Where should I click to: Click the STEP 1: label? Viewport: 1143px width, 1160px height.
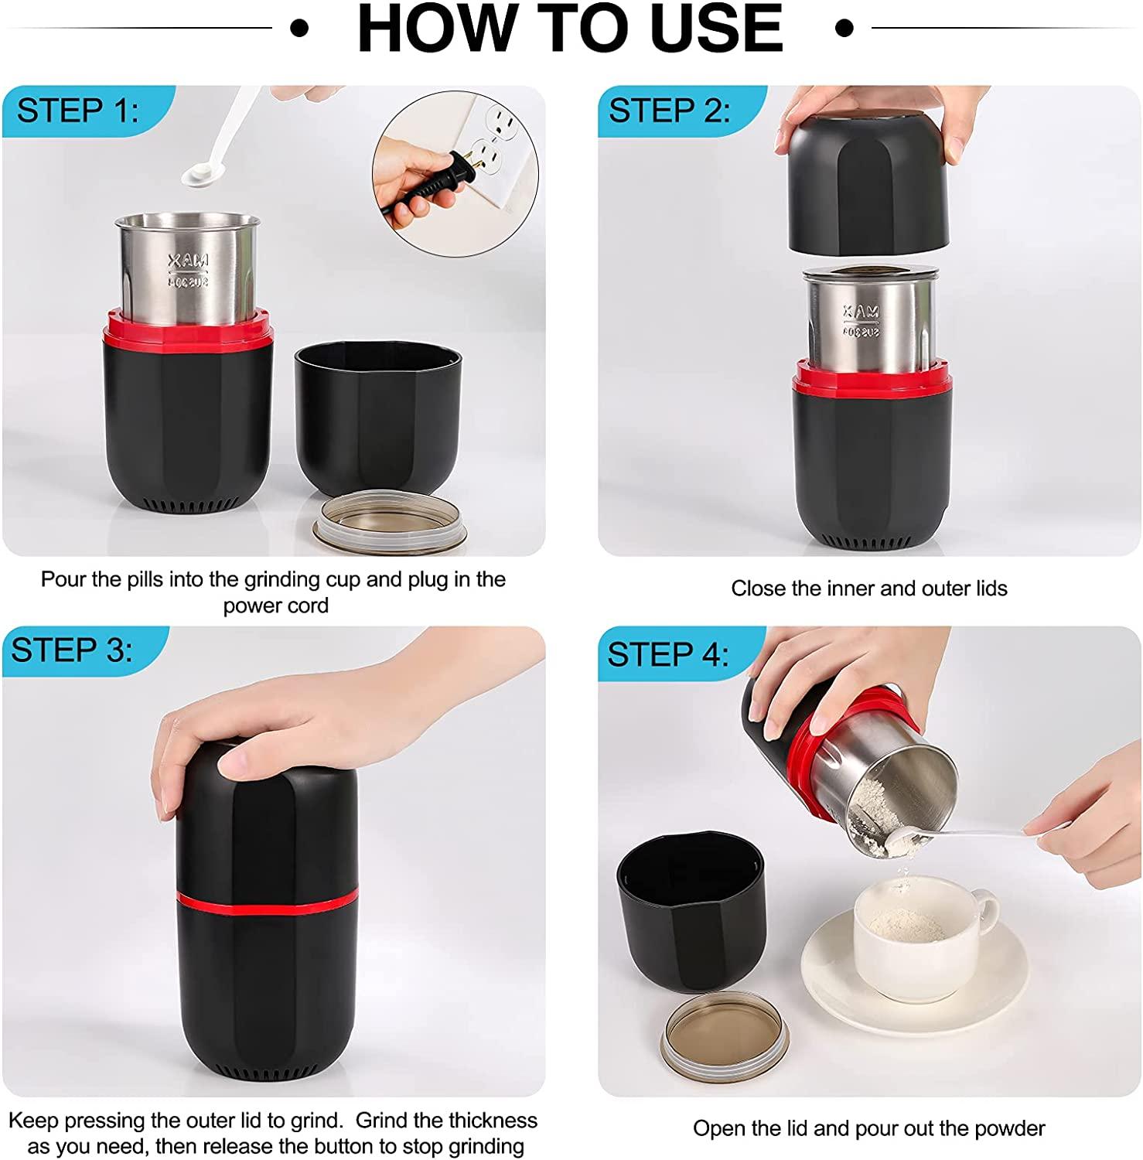(x=77, y=111)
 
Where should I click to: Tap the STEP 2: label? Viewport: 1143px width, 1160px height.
(x=669, y=111)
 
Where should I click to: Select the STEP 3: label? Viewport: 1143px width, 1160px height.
(x=72, y=650)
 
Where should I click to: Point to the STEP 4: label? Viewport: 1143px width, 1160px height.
(x=667, y=654)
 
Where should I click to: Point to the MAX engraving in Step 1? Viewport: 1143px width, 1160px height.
(x=189, y=262)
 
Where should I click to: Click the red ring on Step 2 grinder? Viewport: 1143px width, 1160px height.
(x=870, y=378)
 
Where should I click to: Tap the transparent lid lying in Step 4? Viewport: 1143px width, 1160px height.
(x=724, y=1032)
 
